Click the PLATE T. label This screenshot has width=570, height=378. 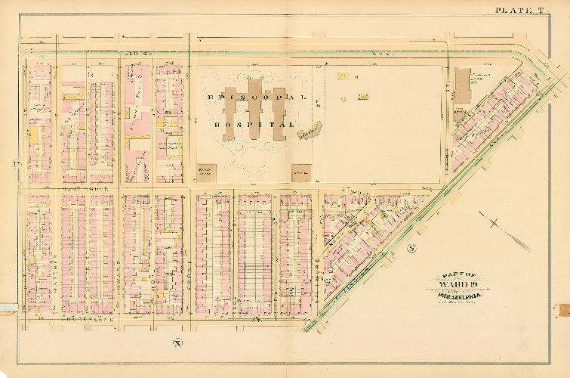point(520,10)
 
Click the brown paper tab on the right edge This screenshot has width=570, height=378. point(562,311)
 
